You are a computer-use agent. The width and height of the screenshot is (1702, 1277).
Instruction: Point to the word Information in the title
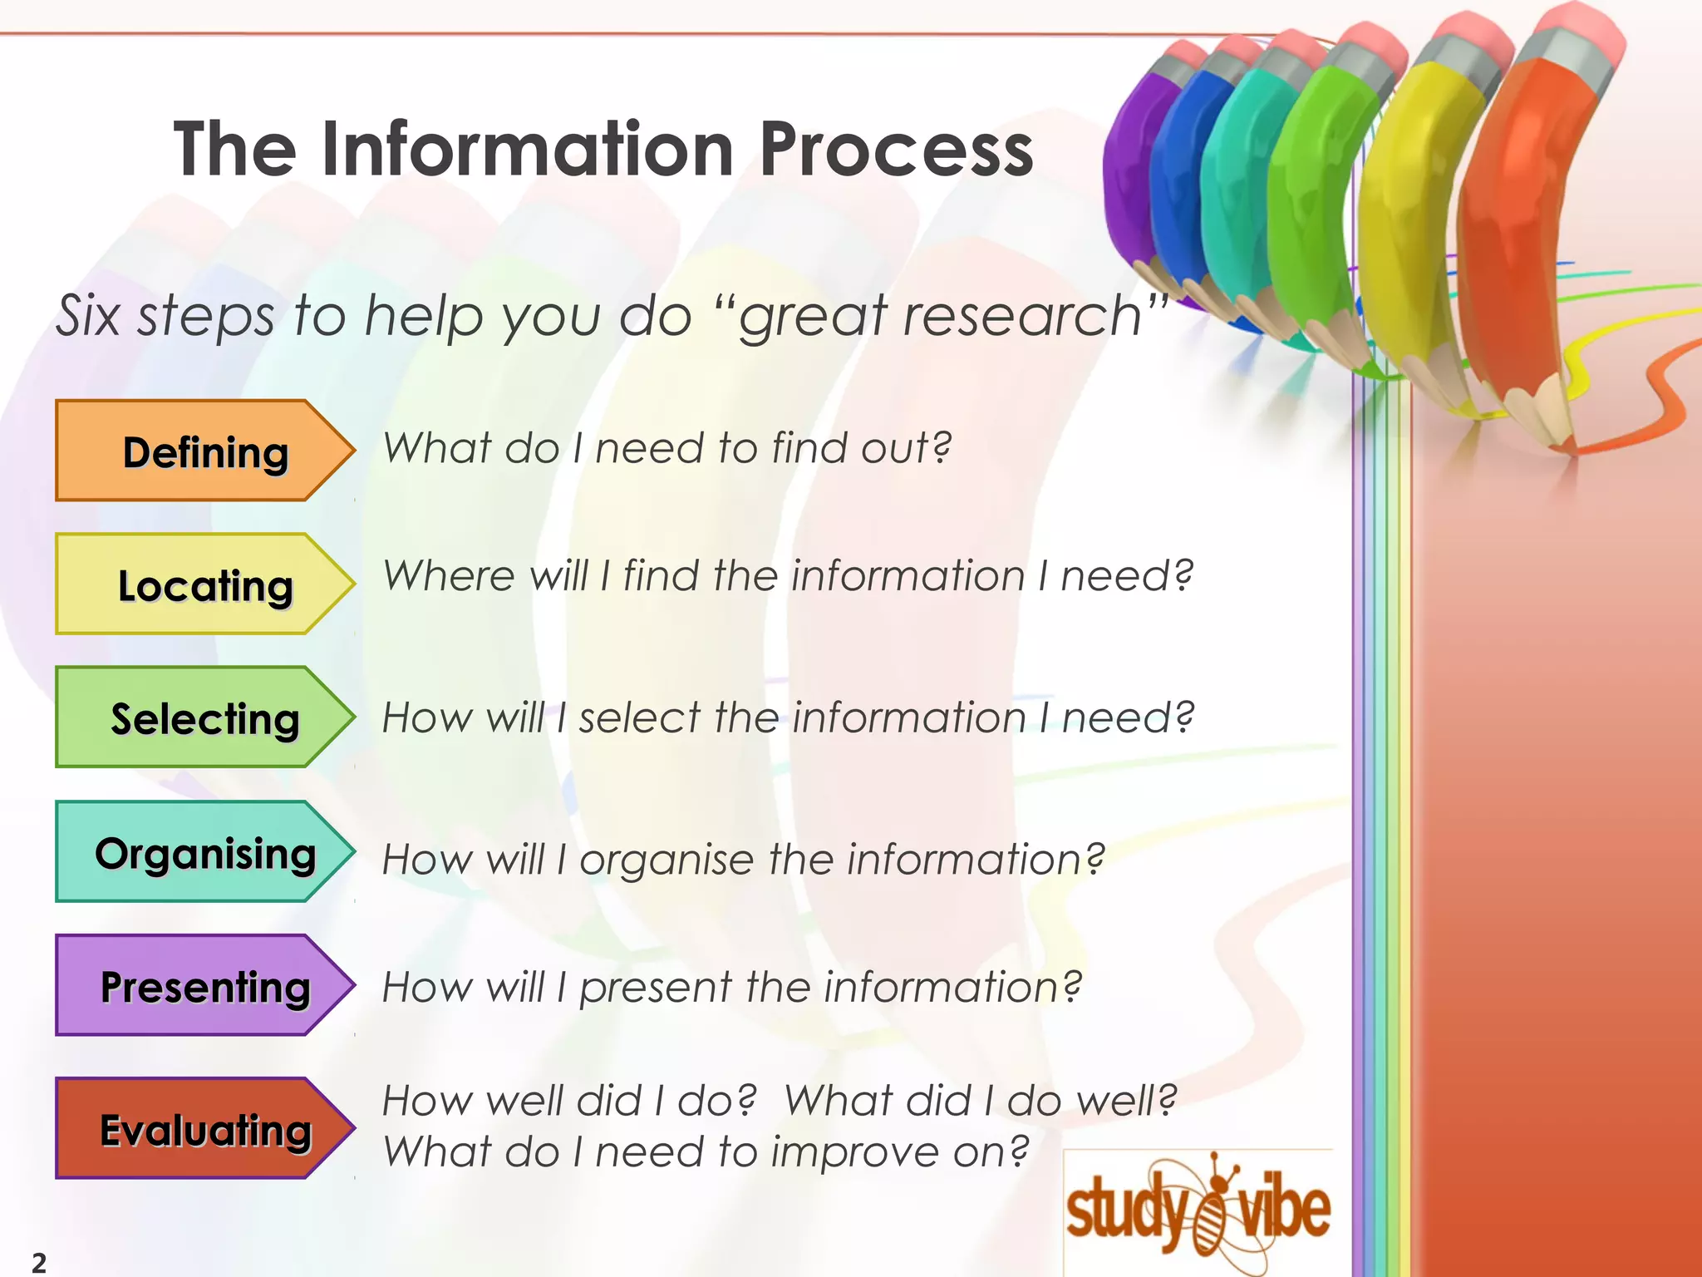pyautogui.click(x=527, y=150)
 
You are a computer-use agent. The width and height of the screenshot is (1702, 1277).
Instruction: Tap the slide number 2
pyautogui.click(x=39, y=1262)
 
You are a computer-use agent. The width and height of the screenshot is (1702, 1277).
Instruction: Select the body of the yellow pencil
pyautogui.click(x=1413, y=208)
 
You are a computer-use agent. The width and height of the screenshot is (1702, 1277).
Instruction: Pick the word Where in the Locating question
pyautogui.click(x=450, y=575)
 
